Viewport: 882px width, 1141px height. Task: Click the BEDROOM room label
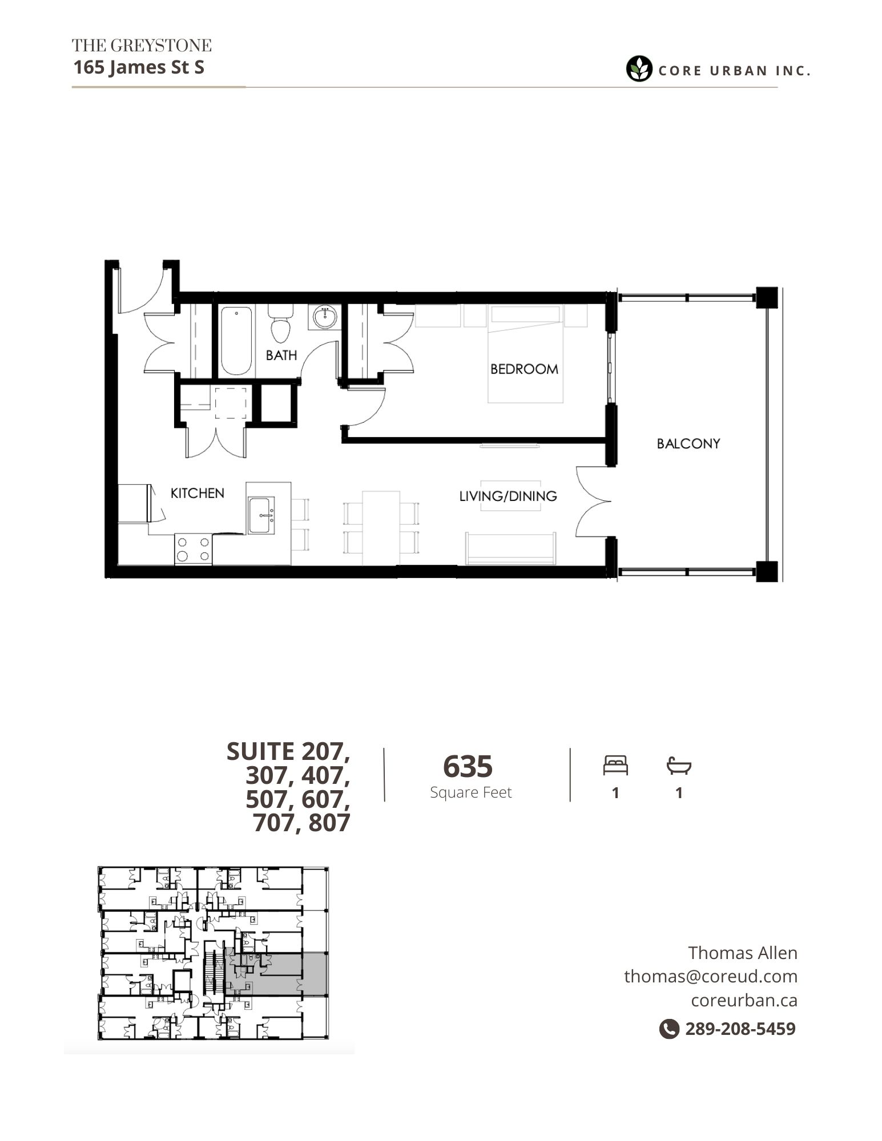pos(524,369)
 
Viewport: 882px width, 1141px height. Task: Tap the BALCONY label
pos(688,443)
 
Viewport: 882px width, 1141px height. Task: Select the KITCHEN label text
pos(197,493)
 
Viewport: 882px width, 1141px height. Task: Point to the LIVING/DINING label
pos(508,496)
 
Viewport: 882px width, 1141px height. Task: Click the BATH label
pos(281,355)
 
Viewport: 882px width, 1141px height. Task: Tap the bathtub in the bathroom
pos(236,341)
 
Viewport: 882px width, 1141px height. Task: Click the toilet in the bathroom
pos(281,323)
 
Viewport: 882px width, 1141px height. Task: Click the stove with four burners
pos(193,549)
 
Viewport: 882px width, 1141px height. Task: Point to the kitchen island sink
pos(261,516)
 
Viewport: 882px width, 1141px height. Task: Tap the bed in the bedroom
pos(525,354)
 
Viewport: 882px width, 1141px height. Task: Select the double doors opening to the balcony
pos(593,501)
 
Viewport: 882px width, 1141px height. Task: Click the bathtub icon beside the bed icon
pos(679,766)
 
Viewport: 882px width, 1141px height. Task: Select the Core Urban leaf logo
pos(639,69)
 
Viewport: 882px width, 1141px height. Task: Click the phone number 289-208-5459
pos(740,1029)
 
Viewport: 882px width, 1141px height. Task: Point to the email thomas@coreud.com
pos(711,976)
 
